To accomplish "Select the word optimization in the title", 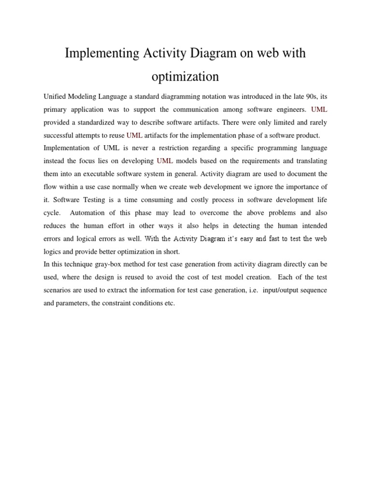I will pyautogui.click(x=185, y=76).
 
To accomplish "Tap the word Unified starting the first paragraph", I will pyautogui.click(x=54, y=96).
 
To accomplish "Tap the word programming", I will pyautogui.click(x=275, y=148).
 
